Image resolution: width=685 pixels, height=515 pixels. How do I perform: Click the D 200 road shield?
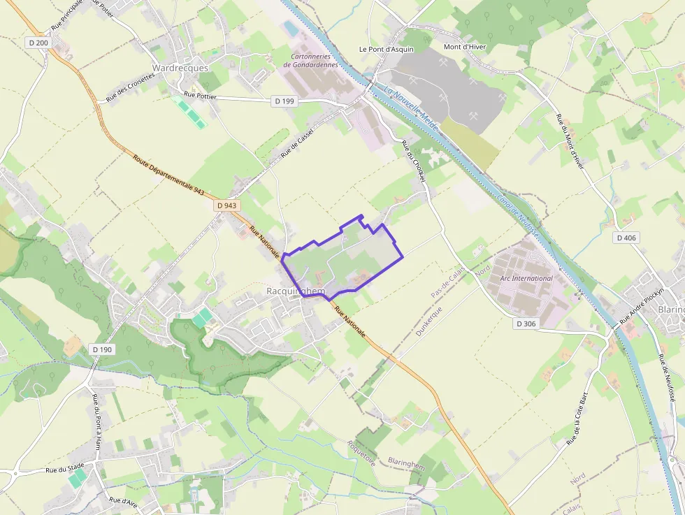point(39,43)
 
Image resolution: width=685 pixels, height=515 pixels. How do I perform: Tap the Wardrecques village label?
point(180,68)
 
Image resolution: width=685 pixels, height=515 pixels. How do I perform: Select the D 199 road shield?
point(284,101)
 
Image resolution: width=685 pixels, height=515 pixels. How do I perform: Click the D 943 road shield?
point(227,205)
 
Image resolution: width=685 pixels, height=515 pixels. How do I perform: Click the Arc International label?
point(526,278)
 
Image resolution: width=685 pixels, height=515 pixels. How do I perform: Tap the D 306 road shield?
point(528,324)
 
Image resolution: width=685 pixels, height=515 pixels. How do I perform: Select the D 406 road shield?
point(626,238)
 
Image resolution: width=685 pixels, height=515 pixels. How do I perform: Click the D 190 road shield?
point(102,349)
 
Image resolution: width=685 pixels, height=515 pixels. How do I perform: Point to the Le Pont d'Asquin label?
point(387,49)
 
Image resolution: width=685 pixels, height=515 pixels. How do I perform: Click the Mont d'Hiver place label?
point(465,47)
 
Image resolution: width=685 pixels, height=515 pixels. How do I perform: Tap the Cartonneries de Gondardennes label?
point(310,60)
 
